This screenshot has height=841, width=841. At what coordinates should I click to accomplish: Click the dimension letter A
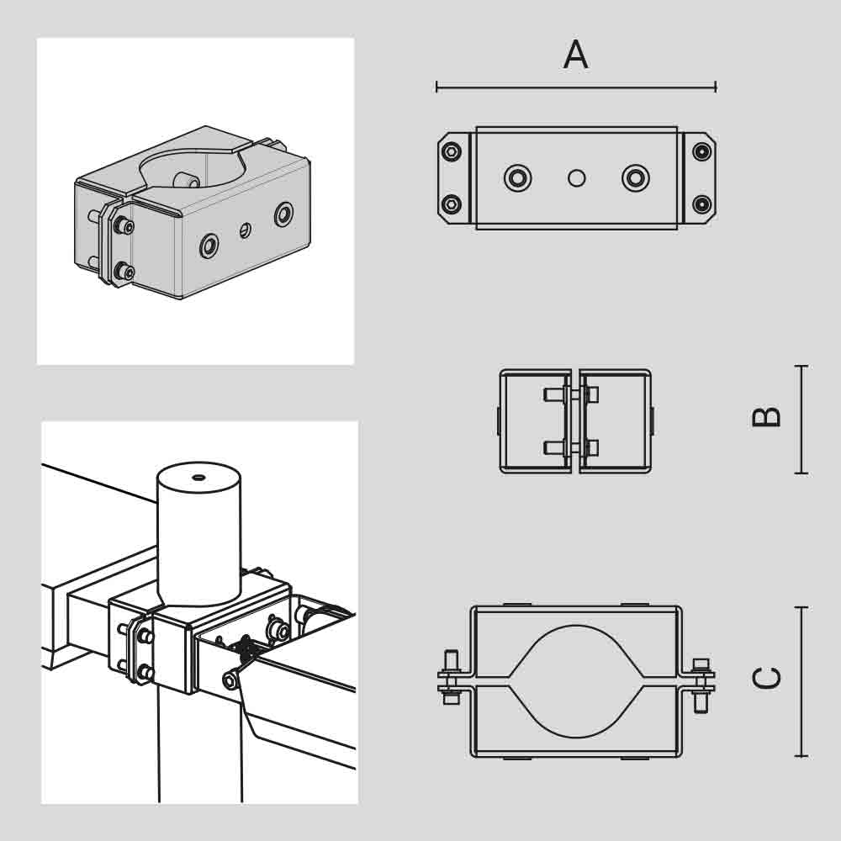click(575, 54)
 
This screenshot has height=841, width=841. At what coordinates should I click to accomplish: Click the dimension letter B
click(766, 417)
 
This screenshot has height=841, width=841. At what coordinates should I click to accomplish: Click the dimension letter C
click(766, 679)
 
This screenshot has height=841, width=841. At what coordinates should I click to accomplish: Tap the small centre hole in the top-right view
click(577, 178)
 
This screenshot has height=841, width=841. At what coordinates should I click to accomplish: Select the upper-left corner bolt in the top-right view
click(452, 151)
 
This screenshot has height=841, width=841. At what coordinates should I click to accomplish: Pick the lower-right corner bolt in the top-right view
click(701, 204)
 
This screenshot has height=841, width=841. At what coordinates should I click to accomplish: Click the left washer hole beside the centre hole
click(517, 177)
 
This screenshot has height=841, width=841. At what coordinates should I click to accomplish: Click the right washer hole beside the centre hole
click(636, 177)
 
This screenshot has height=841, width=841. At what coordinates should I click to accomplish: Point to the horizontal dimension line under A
click(576, 87)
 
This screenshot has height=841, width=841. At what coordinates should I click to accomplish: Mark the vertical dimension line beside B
click(801, 420)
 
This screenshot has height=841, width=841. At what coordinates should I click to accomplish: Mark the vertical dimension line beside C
click(801, 681)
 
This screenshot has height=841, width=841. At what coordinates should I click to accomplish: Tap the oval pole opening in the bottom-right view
click(576, 681)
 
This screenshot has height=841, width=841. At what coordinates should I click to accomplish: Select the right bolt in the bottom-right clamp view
click(701, 685)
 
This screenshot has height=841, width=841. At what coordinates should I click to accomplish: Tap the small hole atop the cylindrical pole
click(199, 476)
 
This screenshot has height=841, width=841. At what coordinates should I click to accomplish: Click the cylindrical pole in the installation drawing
click(199, 534)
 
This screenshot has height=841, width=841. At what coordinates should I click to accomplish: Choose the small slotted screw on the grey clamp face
click(245, 230)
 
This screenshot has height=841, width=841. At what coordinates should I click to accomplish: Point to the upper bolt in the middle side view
click(572, 395)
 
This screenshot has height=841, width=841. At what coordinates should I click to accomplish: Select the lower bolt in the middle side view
click(572, 447)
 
